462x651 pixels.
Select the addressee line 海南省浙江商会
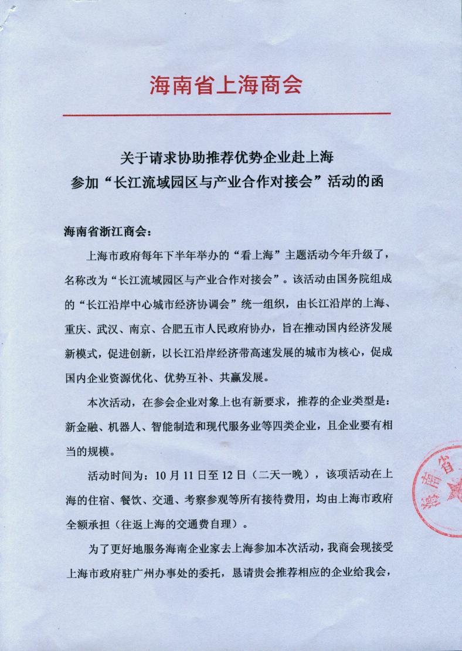coord(107,230)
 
